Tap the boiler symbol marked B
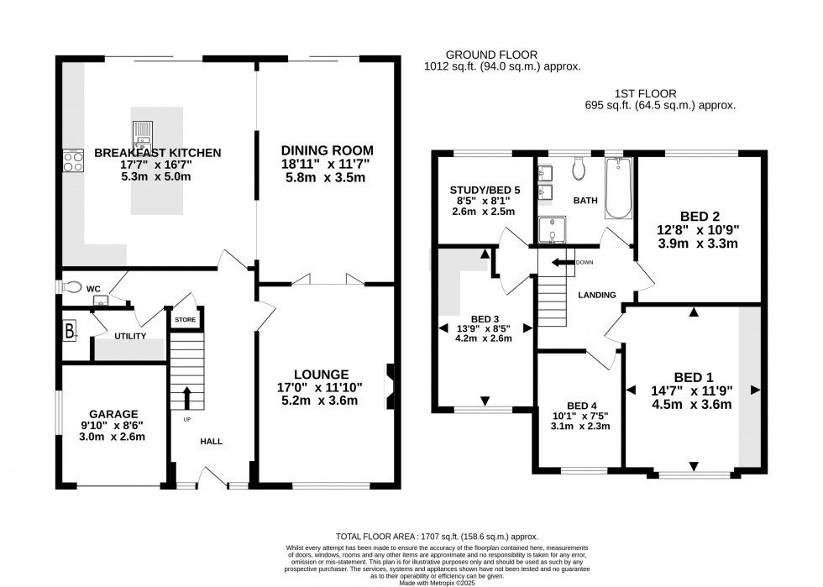(x=70, y=332)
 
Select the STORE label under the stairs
(x=186, y=320)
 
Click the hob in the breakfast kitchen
(x=73, y=160)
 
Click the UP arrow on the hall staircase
(x=186, y=398)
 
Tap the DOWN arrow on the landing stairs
(x=563, y=263)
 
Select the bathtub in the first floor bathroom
(x=618, y=187)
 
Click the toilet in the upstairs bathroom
(x=579, y=167)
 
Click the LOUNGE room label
(x=321, y=375)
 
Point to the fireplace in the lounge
(x=390, y=386)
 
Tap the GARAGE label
(x=113, y=414)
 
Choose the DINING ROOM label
(x=327, y=150)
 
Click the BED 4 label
(x=581, y=406)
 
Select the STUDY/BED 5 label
(x=485, y=190)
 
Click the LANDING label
(x=597, y=295)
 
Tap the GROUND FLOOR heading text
(x=491, y=55)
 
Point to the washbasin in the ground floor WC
(x=100, y=300)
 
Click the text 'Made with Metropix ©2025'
(x=437, y=583)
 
